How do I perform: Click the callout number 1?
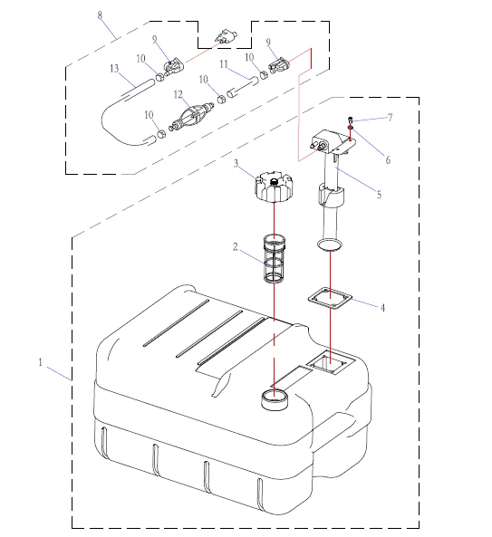(41, 362)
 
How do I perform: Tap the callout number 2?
(235, 247)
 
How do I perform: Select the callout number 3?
(236, 163)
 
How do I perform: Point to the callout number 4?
(382, 308)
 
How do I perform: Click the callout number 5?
(379, 195)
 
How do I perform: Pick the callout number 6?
(388, 160)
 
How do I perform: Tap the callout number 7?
(390, 118)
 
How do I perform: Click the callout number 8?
(100, 15)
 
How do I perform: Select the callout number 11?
(224, 64)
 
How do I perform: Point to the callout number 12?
(178, 94)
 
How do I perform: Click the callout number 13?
(114, 69)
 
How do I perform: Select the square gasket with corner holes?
(330, 298)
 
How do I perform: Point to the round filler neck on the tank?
(275, 399)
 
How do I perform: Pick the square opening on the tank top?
(329, 363)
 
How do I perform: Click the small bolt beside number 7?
(350, 120)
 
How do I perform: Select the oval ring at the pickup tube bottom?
(330, 245)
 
